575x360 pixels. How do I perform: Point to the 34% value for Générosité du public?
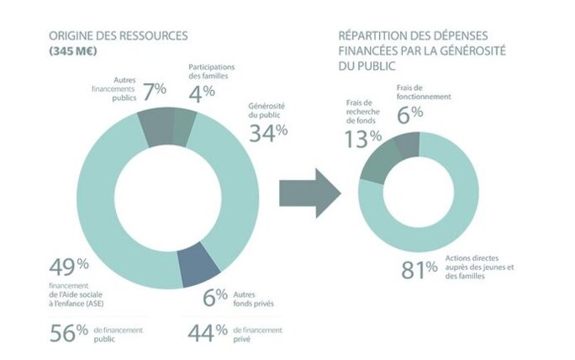(x=268, y=131)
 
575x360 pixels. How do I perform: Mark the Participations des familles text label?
(x=211, y=72)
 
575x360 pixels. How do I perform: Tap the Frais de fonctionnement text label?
(x=424, y=92)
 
